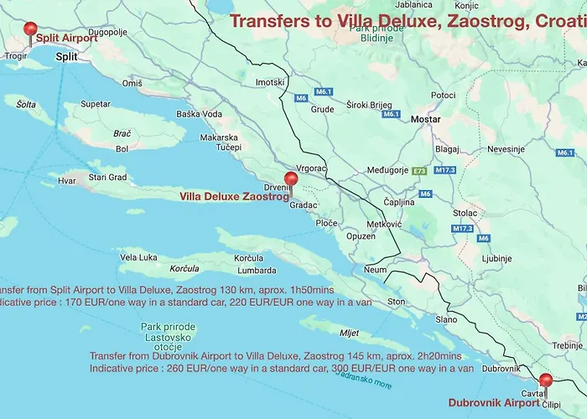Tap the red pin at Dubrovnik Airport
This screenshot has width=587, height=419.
click(x=546, y=381)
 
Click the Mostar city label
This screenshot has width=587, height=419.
click(x=425, y=120)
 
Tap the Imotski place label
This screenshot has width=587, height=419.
click(x=270, y=82)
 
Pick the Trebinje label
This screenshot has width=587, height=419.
click(x=568, y=345)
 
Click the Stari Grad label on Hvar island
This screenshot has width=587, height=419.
click(x=107, y=178)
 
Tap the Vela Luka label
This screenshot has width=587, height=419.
click(x=138, y=257)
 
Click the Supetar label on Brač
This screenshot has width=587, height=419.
click(x=96, y=105)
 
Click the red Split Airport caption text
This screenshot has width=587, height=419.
click(x=67, y=38)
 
